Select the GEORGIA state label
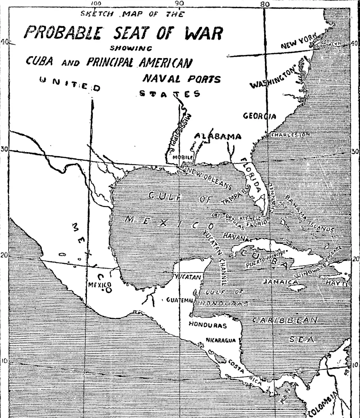coord(260,116)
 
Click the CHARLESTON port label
coord(291,134)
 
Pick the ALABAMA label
coord(218,137)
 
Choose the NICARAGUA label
coord(221,340)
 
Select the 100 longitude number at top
coord(96,4)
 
